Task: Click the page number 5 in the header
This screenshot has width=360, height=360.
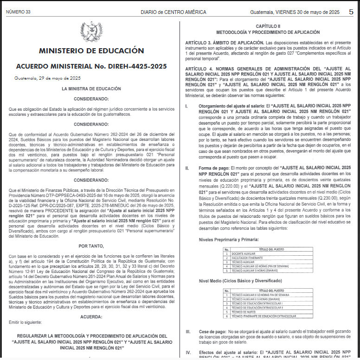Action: click(351, 12)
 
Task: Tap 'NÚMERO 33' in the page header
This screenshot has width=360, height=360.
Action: click(18, 12)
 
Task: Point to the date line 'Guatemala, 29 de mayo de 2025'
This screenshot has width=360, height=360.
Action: click(47, 78)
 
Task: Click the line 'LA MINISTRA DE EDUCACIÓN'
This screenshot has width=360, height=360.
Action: click(91, 88)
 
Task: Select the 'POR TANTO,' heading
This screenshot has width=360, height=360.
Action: click(91, 246)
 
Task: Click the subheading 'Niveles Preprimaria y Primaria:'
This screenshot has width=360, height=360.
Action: click(228, 240)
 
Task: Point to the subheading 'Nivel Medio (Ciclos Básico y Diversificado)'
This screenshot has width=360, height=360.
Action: click(240, 281)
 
